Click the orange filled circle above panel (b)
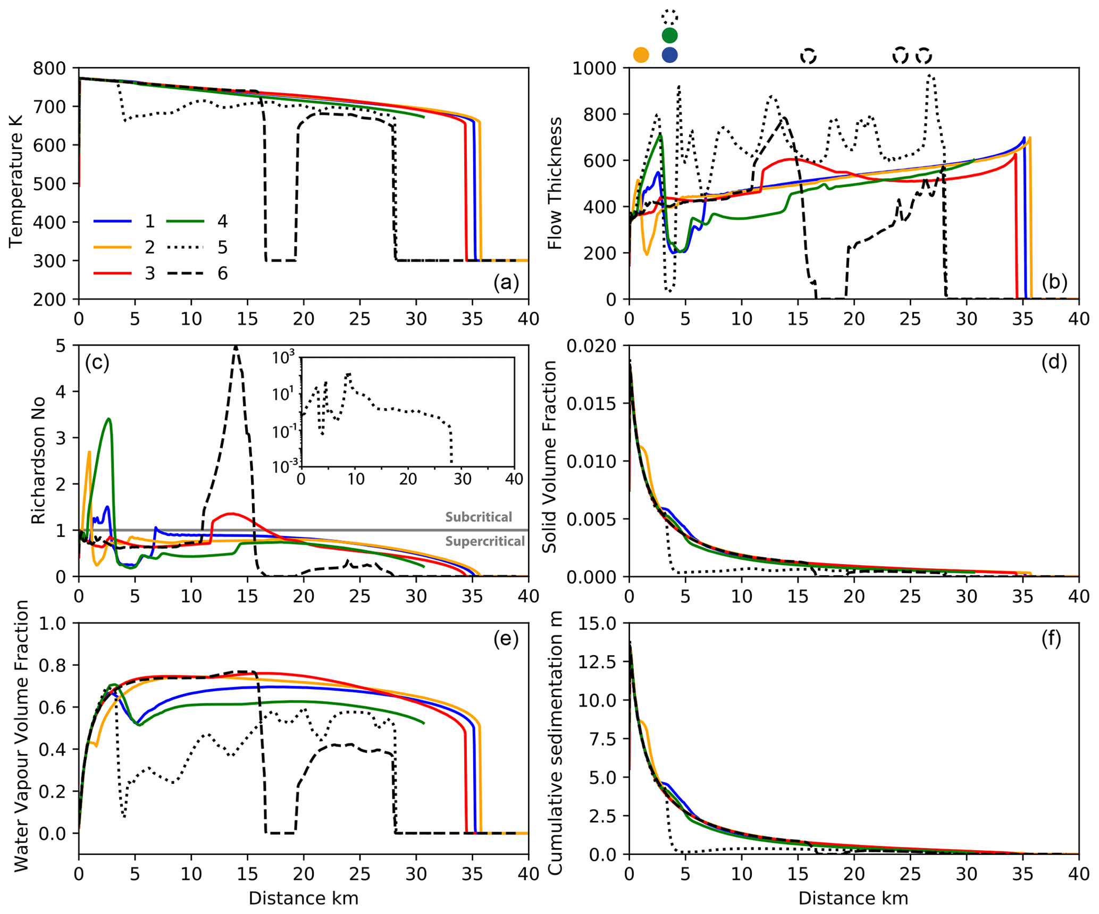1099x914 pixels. tap(641, 55)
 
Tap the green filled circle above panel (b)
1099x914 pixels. tap(670, 35)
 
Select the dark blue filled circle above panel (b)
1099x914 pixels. tap(670, 55)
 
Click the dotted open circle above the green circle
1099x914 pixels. tap(670, 16)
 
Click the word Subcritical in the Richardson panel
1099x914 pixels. tap(479, 517)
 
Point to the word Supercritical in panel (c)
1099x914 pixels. tap(485, 541)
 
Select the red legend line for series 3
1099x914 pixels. tap(112, 273)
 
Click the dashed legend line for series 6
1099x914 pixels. tap(185, 273)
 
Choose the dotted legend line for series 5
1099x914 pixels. tap(185, 247)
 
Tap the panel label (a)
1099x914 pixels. tap(506, 282)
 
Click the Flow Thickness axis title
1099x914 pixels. tap(555, 183)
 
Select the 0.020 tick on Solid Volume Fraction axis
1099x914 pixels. tap(591, 346)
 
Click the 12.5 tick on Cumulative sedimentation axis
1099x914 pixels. tap(597, 662)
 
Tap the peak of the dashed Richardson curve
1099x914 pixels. tap(236, 347)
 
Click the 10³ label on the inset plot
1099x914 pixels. tap(283, 358)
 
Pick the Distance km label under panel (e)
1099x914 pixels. tap(303, 899)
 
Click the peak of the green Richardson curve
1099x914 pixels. tap(109, 419)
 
